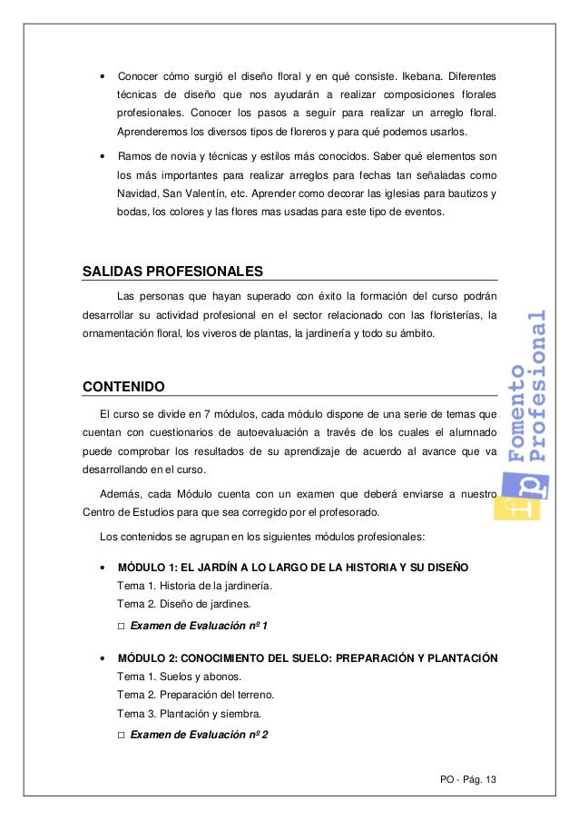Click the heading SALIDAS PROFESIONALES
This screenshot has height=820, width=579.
[x=172, y=271]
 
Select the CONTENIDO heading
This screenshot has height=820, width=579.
[x=123, y=387]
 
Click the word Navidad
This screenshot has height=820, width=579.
[x=137, y=194]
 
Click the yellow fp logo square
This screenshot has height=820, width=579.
[x=517, y=500]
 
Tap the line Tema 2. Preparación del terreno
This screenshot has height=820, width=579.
[x=195, y=695]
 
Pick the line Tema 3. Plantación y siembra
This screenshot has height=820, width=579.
[x=189, y=713]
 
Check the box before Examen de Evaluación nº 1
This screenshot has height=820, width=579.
[x=122, y=627]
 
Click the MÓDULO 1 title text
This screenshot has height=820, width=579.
[x=293, y=568]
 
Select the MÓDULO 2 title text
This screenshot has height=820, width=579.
[x=308, y=658]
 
